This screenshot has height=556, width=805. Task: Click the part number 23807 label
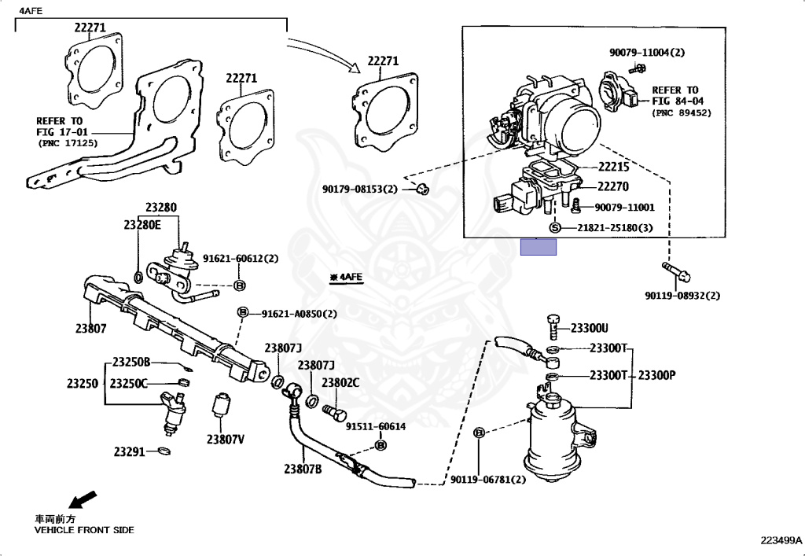(91, 329)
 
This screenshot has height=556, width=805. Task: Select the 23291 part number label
(129, 451)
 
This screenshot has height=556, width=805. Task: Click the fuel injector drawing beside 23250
(174, 411)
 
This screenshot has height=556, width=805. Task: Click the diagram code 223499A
(781, 540)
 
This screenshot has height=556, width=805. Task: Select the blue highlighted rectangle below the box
(539, 247)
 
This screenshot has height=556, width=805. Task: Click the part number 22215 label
(615, 167)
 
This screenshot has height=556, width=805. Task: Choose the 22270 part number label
(615, 186)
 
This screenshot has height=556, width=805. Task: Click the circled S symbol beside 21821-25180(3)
(554, 227)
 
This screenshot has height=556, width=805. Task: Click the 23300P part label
(656, 375)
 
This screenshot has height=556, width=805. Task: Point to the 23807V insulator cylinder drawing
(222, 407)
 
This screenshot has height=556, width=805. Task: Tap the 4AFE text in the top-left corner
(31, 10)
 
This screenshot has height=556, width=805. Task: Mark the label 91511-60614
(376, 426)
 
